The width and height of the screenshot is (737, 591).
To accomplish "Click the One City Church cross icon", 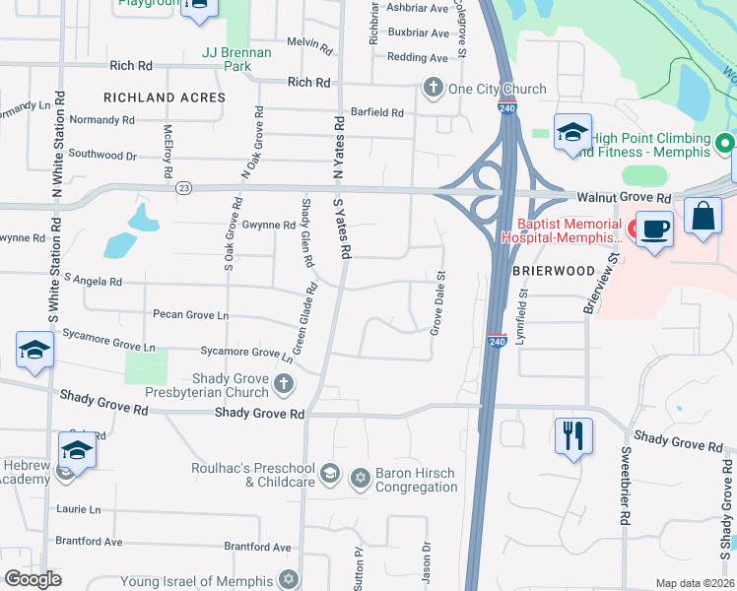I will [432, 89].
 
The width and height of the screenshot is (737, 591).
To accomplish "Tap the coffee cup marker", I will [655, 229].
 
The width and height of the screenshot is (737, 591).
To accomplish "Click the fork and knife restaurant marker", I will [573, 433].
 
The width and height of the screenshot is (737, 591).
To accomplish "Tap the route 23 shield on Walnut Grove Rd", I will [183, 187].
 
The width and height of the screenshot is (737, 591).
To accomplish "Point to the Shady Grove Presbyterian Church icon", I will [284, 384].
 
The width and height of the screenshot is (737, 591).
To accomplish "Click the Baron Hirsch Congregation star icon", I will [360, 478].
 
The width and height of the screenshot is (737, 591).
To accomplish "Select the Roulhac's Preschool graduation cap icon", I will [329, 474].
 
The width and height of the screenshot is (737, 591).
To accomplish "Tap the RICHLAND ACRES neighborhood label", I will [165, 98].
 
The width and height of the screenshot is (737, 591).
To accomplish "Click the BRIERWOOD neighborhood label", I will [554, 270].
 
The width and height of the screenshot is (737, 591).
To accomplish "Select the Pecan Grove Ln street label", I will [190, 315].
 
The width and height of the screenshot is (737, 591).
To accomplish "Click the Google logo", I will [33, 579].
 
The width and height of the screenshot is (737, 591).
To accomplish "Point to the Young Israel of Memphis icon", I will [288, 579].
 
